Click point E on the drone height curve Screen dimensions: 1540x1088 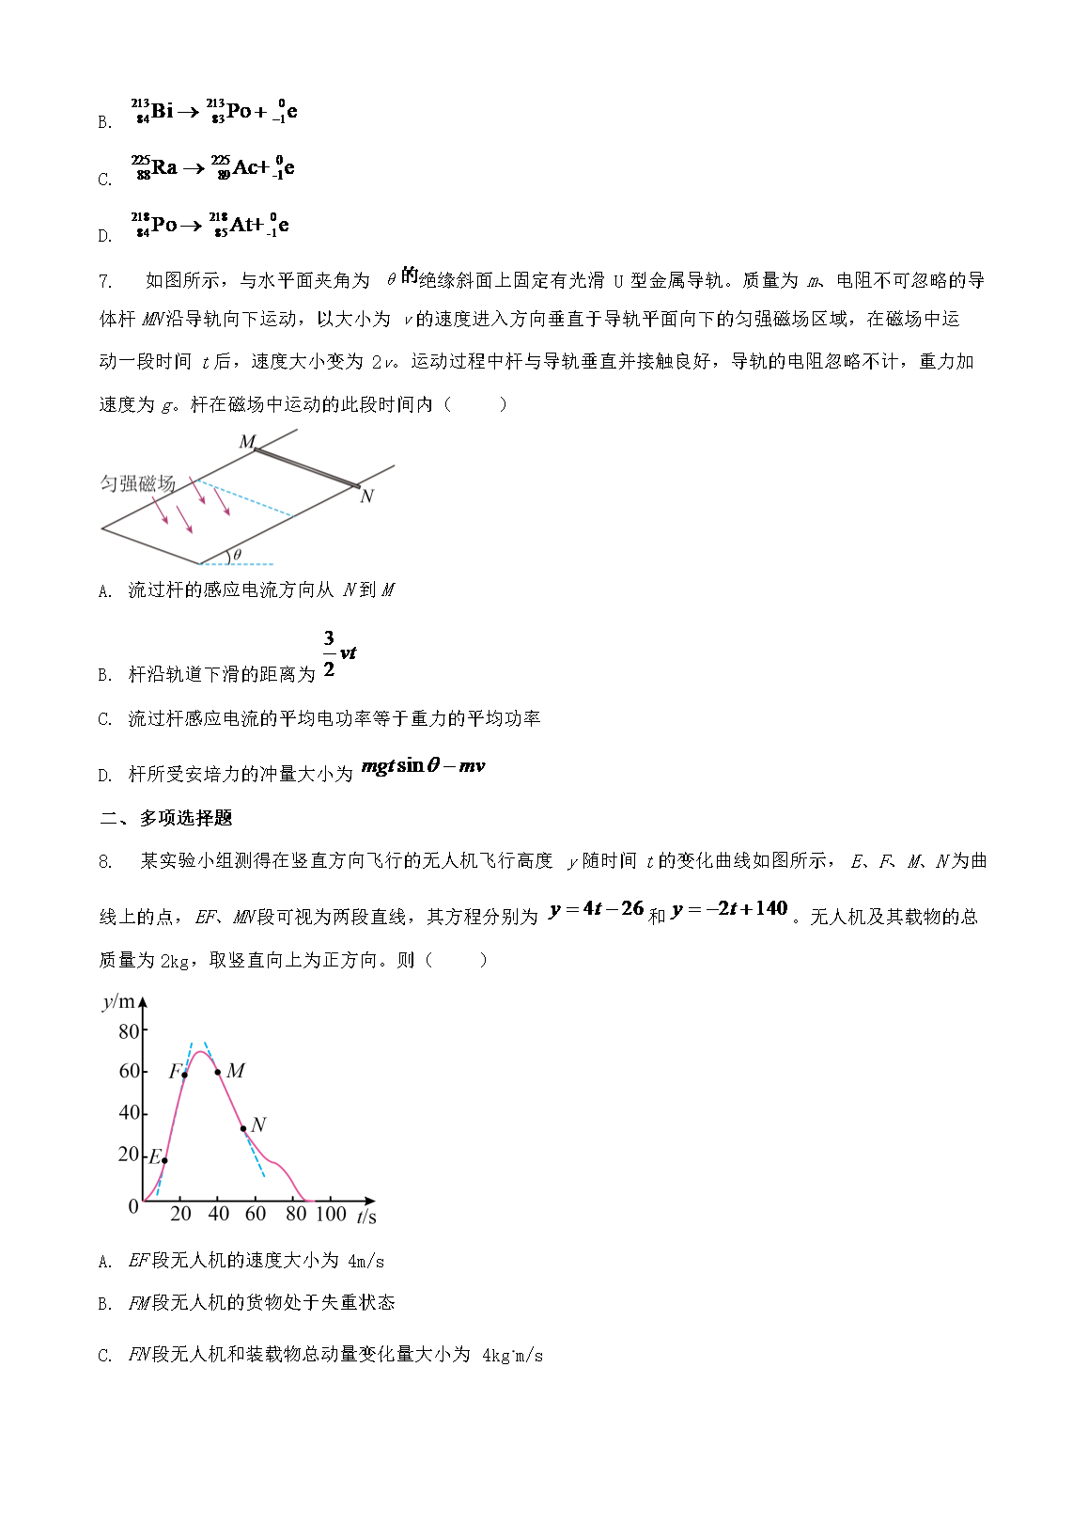pos(164,1160)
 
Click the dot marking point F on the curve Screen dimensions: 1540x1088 pos(184,1075)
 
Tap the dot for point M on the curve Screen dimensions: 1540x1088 pos(218,1072)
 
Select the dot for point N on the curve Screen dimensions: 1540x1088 pos(242,1128)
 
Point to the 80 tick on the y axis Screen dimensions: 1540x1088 pos(129,1031)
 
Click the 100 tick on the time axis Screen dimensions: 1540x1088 pos(331,1214)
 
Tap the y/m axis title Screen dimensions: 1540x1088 pos(118,1002)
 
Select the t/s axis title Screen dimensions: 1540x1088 pos(366,1217)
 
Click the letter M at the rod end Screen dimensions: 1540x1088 pos(247,442)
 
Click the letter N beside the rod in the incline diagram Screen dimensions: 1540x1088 pos(367,496)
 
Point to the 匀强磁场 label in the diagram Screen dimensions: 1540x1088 pos(137,483)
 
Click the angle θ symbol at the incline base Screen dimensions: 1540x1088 pos(237,555)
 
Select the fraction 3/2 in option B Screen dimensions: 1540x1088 pos(329,653)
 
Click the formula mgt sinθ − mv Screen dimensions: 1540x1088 pos(423,766)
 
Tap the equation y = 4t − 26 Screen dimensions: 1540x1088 pos(597,909)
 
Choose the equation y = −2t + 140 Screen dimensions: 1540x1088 pos(730,909)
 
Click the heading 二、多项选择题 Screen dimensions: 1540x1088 pos(166,818)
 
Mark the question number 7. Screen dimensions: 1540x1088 pos(105,281)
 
